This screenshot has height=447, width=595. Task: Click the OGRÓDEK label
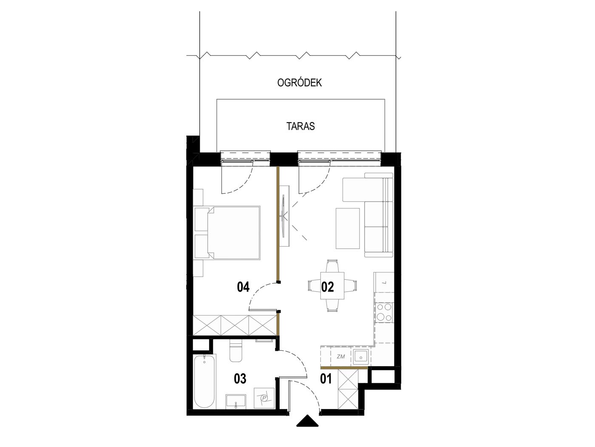coord(299,83)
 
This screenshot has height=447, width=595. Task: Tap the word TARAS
coord(300,126)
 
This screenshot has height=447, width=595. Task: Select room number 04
coord(243,287)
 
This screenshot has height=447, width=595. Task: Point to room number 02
coord(327,287)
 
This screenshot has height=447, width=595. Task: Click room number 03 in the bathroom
coord(240,378)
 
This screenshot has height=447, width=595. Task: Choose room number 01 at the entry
coord(326,379)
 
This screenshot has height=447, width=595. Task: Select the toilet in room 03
coord(235,352)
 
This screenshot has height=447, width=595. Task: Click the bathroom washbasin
coord(235,402)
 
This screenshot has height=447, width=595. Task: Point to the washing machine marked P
coord(264,398)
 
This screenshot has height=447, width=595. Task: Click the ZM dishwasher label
coord(341,357)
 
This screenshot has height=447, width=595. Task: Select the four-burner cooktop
coord(384,312)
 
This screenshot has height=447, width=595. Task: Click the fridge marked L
coord(384,282)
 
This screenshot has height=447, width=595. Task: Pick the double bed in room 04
coord(227,232)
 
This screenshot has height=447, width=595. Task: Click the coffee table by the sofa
coord(348,228)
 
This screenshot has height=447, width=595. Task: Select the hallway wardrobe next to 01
coord(348,389)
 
